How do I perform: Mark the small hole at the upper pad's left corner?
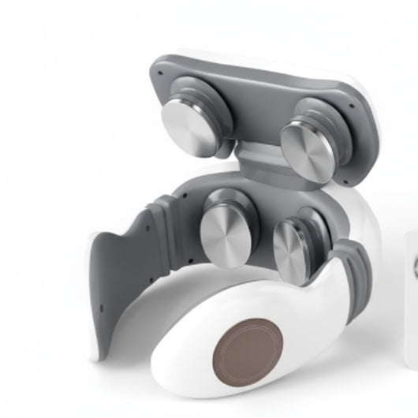tap(160, 72)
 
